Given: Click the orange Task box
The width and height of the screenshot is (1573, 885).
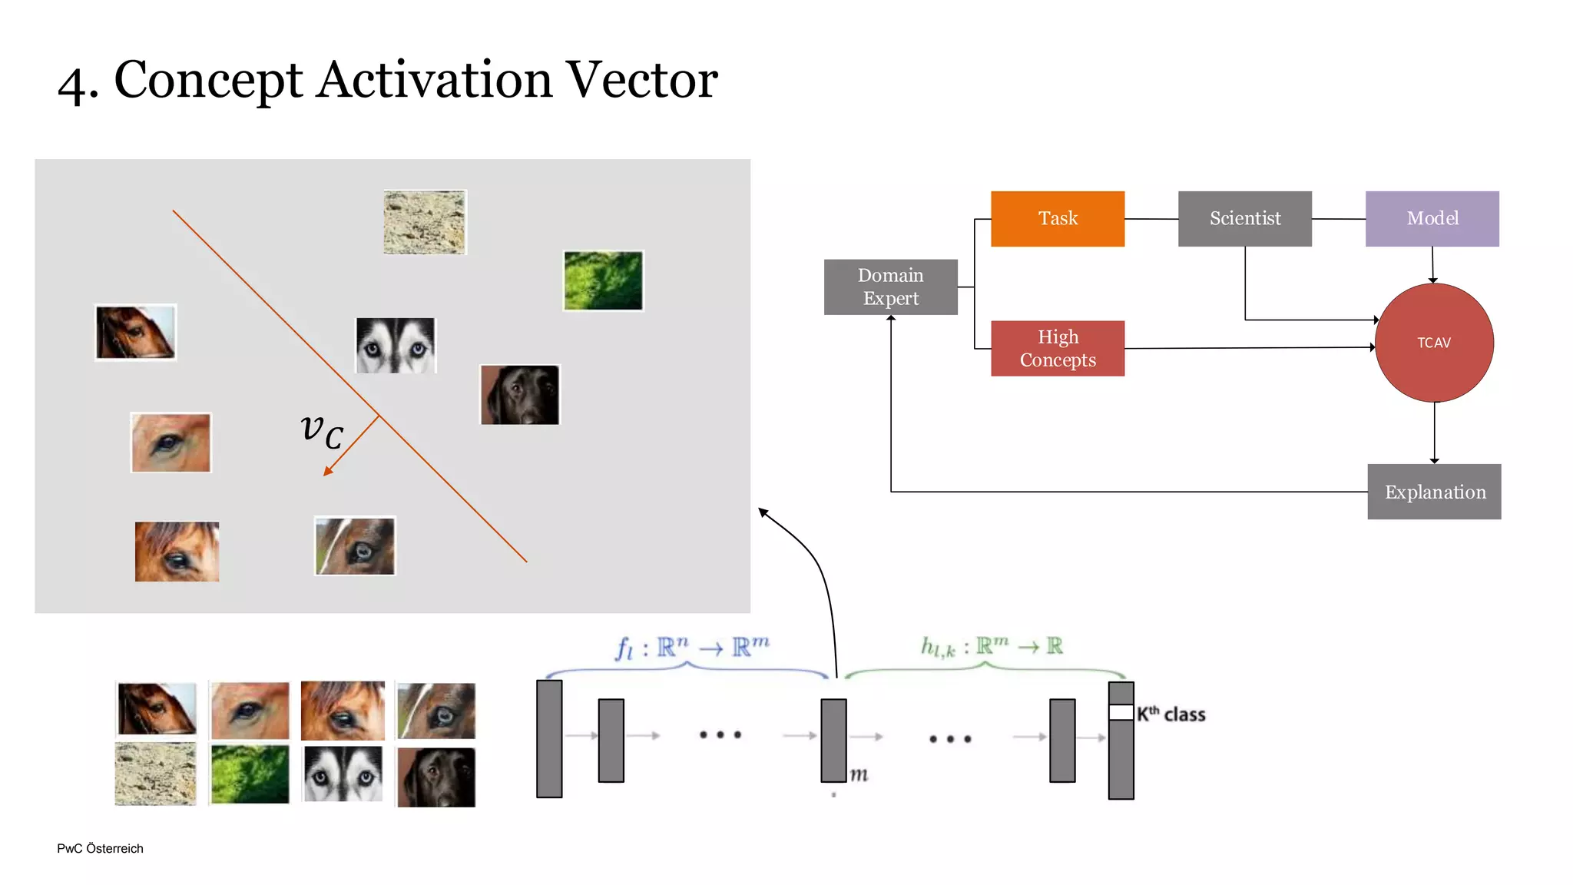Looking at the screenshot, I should click(x=1058, y=219).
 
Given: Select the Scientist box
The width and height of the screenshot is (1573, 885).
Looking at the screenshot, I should click(x=1244, y=219).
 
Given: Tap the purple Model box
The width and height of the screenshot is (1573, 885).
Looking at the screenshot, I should click(x=1432, y=219).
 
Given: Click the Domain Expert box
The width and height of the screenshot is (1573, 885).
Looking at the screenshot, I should click(x=890, y=287).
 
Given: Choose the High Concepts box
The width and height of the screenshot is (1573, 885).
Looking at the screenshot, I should click(x=1058, y=348).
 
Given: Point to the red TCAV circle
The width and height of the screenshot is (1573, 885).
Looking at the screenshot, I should click(x=1434, y=343).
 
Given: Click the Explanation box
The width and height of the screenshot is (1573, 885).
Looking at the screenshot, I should click(x=1434, y=492).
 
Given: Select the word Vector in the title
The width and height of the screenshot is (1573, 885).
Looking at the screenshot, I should click(x=641, y=79).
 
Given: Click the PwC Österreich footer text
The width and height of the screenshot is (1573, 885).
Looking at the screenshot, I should click(x=100, y=848).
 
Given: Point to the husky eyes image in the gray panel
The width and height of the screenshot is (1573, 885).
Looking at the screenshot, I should click(x=396, y=346).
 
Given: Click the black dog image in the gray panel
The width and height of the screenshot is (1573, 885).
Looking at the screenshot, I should click(x=520, y=394).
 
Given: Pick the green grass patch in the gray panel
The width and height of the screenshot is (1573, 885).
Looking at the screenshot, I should click(x=603, y=280).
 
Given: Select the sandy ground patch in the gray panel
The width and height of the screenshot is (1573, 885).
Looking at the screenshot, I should click(x=425, y=222).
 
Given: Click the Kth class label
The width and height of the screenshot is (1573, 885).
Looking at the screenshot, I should click(x=1171, y=714).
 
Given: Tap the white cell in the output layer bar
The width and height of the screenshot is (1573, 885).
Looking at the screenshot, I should click(x=1121, y=712).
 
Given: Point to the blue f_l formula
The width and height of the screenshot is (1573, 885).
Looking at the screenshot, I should click(x=692, y=648).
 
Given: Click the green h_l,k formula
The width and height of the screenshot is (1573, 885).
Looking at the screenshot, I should click(x=992, y=647).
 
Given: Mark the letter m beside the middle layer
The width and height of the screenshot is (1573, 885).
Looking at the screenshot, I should click(x=859, y=774).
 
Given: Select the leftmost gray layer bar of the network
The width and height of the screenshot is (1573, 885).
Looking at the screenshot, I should click(x=549, y=738).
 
